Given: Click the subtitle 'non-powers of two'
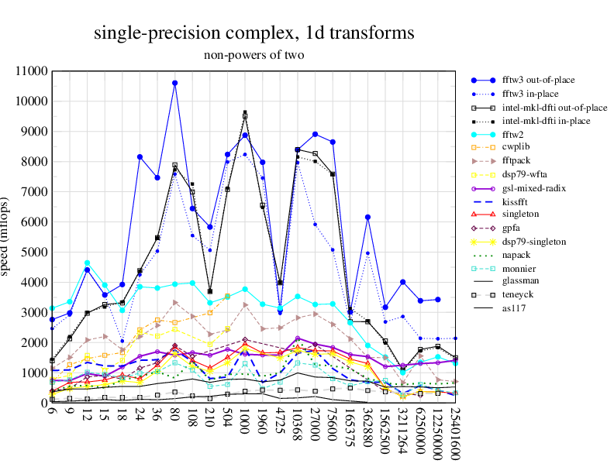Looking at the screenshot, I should click(254, 55).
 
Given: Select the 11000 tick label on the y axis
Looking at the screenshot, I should click(31, 71).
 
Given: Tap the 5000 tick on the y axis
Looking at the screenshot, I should click(34, 252).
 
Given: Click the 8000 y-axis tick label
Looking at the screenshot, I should click(34, 162).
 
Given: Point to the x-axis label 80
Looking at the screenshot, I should click(175, 414).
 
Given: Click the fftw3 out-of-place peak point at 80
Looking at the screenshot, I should click(175, 83).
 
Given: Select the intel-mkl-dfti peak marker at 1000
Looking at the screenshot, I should click(245, 114).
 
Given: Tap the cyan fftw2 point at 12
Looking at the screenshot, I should click(88, 263).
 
